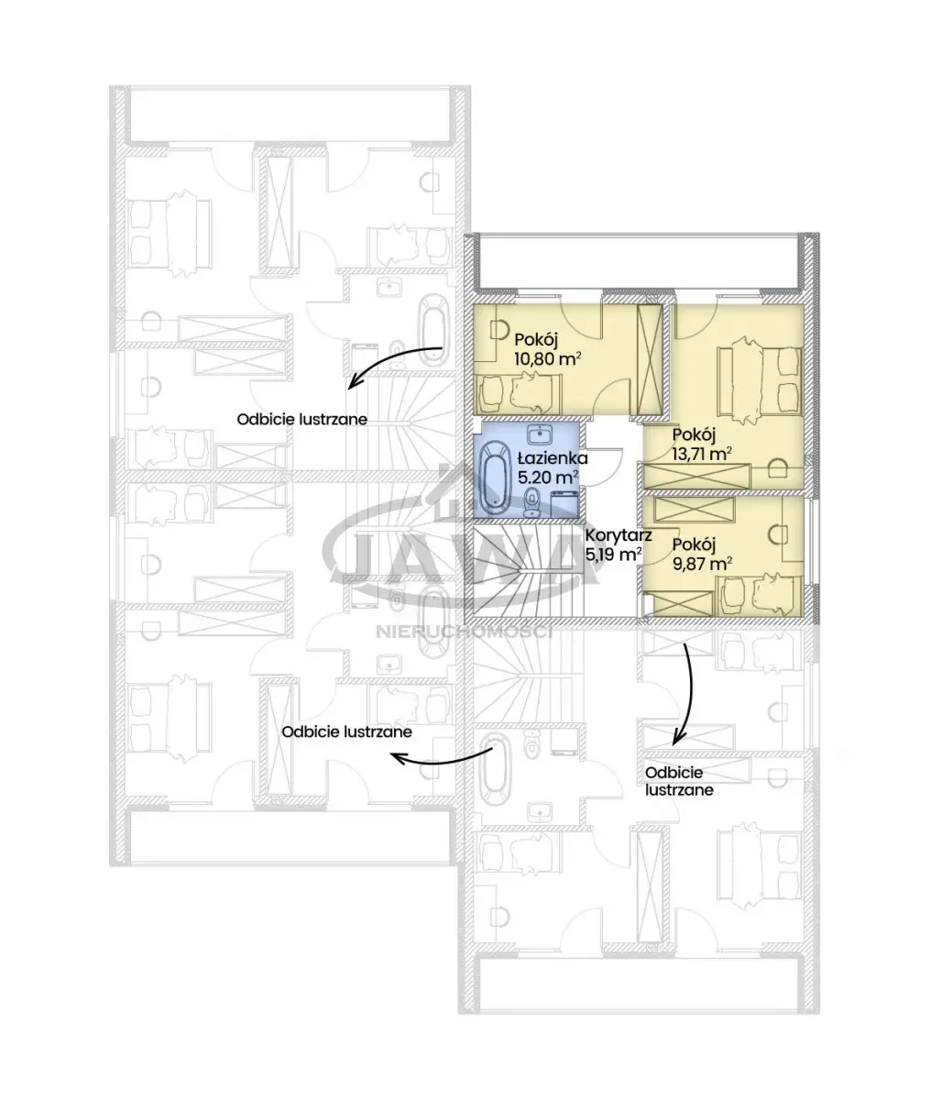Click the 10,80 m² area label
[x=547, y=358]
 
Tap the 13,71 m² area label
[x=702, y=454]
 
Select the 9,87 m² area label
[x=702, y=564]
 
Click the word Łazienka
[x=553, y=457]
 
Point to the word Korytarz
[x=619, y=534]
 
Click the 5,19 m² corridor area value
[x=613, y=555]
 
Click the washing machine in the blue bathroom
[x=564, y=503]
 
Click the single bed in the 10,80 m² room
[x=520, y=393]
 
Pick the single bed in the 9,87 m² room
[x=759, y=595]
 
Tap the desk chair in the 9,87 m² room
[x=778, y=533]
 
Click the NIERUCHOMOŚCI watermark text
[x=465, y=632]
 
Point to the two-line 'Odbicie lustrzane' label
[x=679, y=781]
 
